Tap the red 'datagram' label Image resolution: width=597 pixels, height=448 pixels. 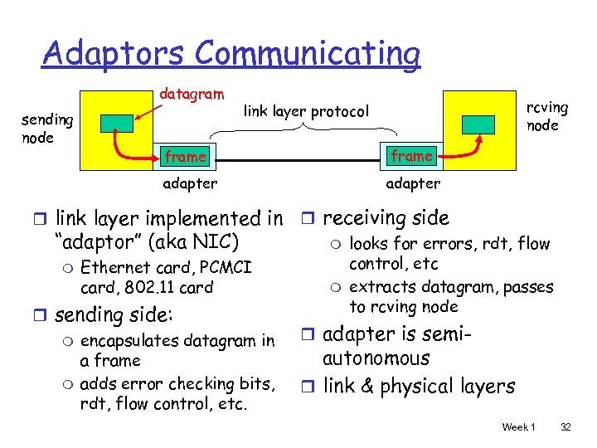pyautogui.click(x=191, y=95)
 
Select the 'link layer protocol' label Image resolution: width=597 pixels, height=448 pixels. pyautogui.click(x=306, y=110)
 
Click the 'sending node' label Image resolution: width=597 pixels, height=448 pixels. pyautogui.click(x=48, y=129)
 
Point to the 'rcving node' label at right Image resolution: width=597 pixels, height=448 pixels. pyautogui.click(x=547, y=116)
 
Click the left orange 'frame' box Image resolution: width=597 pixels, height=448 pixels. pyautogui.click(x=185, y=156)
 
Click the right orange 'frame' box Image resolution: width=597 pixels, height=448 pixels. pyautogui.click(x=412, y=155)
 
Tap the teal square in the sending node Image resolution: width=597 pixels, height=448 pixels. pyautogui.click(x=115, y=123)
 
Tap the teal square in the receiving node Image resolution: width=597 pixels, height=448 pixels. pyautogui.click(x=478, y=123)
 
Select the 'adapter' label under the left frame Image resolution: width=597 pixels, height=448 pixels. pyautogui.click(x=190, y=183)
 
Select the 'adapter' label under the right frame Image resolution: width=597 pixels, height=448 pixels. pyautogui.click(x=413, y=183)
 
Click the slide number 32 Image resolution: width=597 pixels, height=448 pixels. pyautogui.click(x=566, y=426)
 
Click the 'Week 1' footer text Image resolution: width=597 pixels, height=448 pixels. pyautogui.click(x=518, y=426)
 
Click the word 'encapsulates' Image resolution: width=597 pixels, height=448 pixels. pyautogui.click(x=130, y=341)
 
